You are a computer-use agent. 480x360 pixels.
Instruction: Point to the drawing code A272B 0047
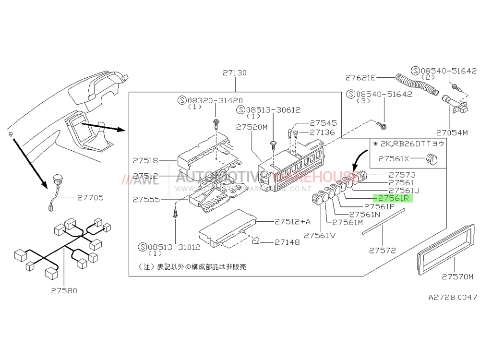click(x=453, y=297)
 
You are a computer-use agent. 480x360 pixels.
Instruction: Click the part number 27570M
click(x=457, y=277)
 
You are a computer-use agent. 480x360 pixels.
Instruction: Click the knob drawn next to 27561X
click(x=431, y=159)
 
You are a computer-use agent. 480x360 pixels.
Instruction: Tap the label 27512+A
click(x=292, y=222)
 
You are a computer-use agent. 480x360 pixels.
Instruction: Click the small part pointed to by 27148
click(x=256, y=241)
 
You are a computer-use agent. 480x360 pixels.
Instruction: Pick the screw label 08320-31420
click(x=215, y=100)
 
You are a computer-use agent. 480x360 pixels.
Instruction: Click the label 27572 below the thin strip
click(x=383, y=250)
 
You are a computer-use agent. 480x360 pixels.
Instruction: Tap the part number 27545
click(x=323, y=123)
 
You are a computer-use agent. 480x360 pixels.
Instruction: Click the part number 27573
click(x=402, y=175)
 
